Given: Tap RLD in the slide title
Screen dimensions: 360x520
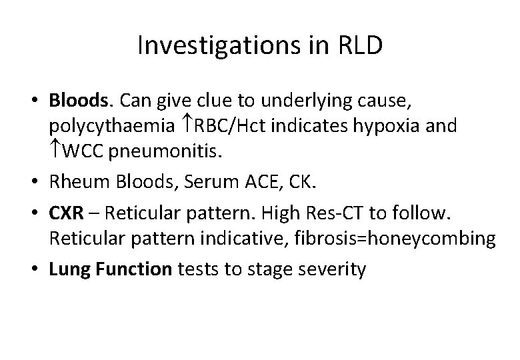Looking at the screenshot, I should pos(359,45).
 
